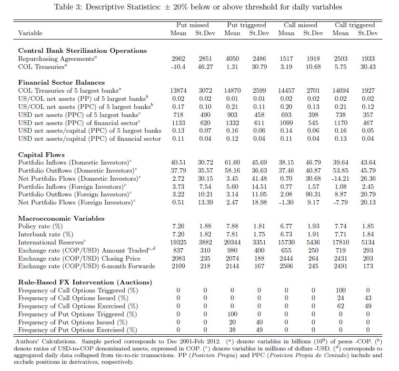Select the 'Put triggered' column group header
point(246,25)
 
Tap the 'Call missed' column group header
point(300,25)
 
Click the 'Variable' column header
point(30,33)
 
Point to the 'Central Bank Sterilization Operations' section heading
point(82,50)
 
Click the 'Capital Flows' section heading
point(41,155)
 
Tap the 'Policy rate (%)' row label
point(40,226)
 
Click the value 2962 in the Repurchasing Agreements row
point(178,59)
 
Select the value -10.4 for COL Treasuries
point(178,67)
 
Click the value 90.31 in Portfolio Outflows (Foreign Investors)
point(313,195)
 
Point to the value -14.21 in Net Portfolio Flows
point(340,178)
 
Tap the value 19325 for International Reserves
point(178,243)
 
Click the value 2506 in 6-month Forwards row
point(286,266)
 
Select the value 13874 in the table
point(178,90)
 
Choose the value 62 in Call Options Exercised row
point(340,306)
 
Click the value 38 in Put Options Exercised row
point(232,330)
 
